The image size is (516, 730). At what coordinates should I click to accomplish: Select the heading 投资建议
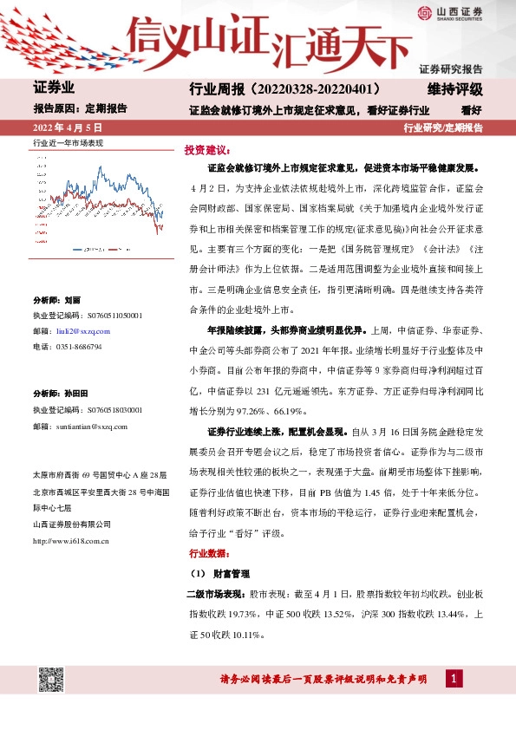pos(205,149)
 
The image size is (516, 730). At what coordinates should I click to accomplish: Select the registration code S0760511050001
pos(104,316)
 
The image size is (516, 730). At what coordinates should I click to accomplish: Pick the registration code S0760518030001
pos(104,410)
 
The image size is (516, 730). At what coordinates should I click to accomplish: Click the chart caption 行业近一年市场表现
pos(68,141)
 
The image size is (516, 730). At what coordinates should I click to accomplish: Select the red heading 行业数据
pos(205,552)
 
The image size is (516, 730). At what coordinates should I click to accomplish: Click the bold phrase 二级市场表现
pos(217,596)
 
